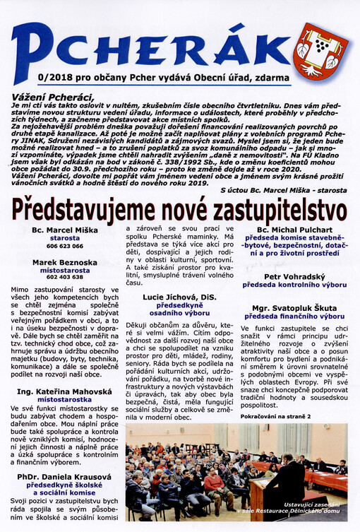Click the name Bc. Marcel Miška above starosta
coord(64,230)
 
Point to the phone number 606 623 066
coord(64,247)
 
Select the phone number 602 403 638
coord(64,278)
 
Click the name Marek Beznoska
coord(64,262)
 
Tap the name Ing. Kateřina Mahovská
coord(64,391)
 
